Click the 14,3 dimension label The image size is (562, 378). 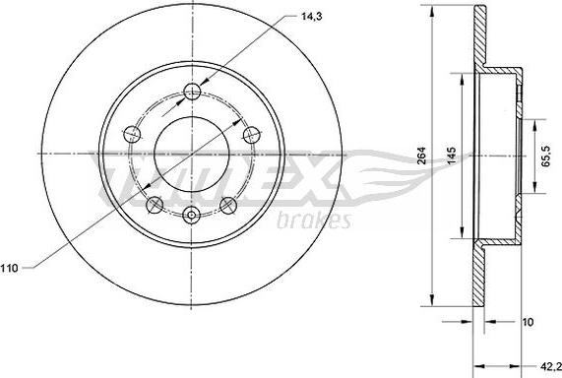click(311, 17)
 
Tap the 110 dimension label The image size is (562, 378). click(9, 268)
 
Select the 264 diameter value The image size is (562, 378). click(422, 156)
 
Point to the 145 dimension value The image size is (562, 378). click(452, 156)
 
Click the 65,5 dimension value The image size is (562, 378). click(546, 156)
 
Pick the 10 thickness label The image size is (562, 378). click(528, 322)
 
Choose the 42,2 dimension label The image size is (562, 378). click(551, 366)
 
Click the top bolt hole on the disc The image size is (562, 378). click(192, 92)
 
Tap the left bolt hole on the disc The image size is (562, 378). click(132, 134)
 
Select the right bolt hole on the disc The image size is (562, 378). click(251, 135)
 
